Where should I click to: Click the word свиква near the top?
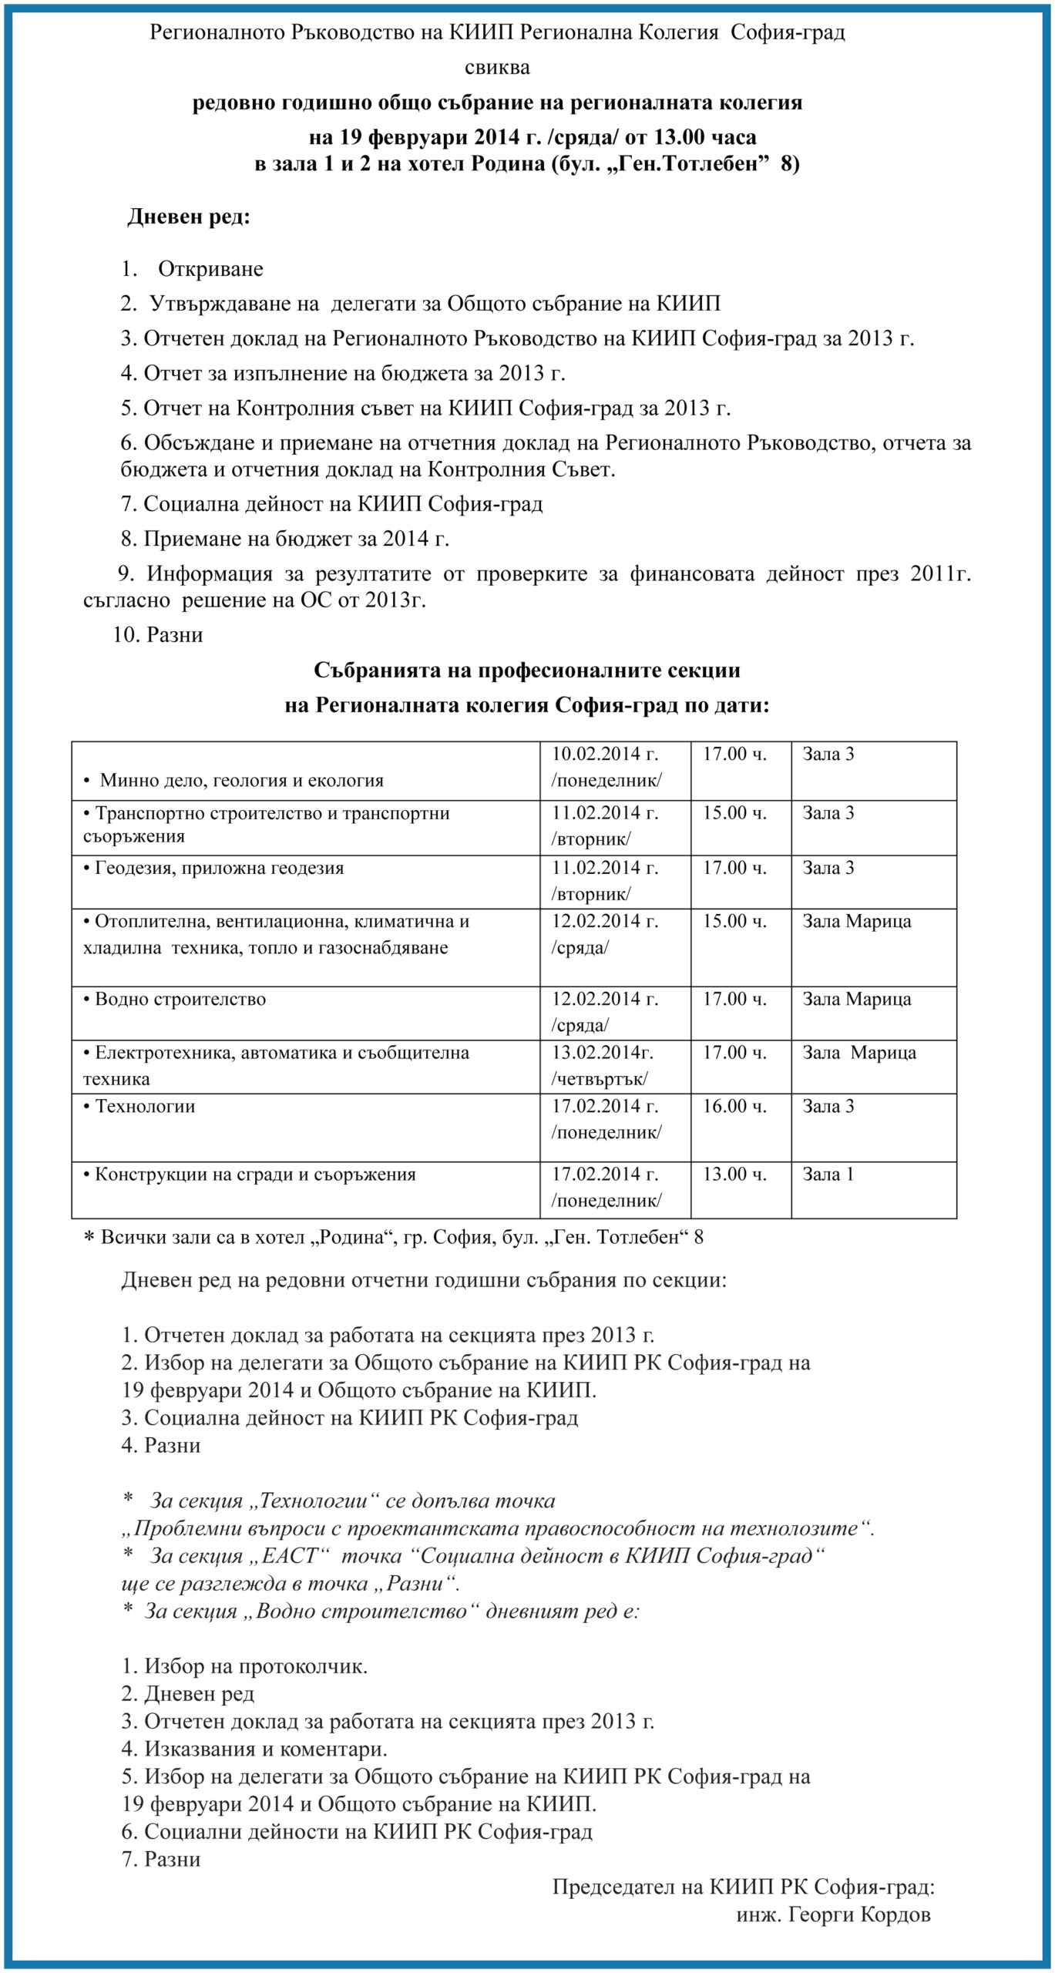tap(497, 68)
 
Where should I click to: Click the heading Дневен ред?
tap(189, 217)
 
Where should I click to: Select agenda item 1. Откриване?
tap(192, 269)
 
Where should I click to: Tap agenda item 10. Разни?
tap(158, 635)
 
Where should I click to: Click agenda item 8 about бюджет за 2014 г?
tap(285, 539)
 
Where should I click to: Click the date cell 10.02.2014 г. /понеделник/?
tap(606, 768)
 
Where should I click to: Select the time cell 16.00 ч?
tap(734, 1106)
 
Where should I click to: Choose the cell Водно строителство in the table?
tap(180, 1000)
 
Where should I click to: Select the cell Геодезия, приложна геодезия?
tap(219, 869)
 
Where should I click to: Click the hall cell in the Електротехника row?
tap(859, 1053)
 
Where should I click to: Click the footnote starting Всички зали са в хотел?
tap(393, 1238)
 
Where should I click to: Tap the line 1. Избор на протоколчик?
tap(244, 1666)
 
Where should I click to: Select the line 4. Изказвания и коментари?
tap(254, 1749)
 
